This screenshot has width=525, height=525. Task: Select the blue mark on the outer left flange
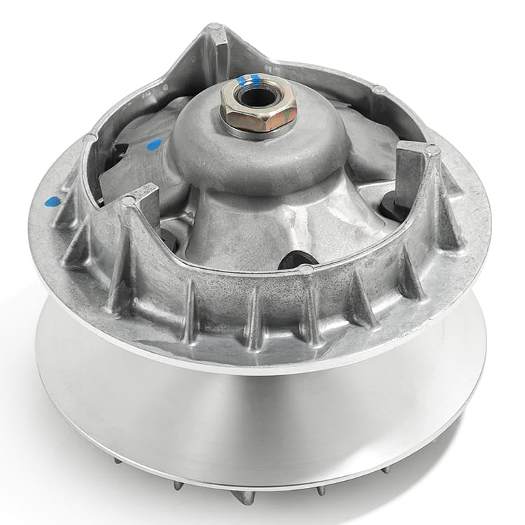(x=48, y=202)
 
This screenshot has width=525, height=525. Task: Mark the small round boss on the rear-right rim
(x=378, y=90)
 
